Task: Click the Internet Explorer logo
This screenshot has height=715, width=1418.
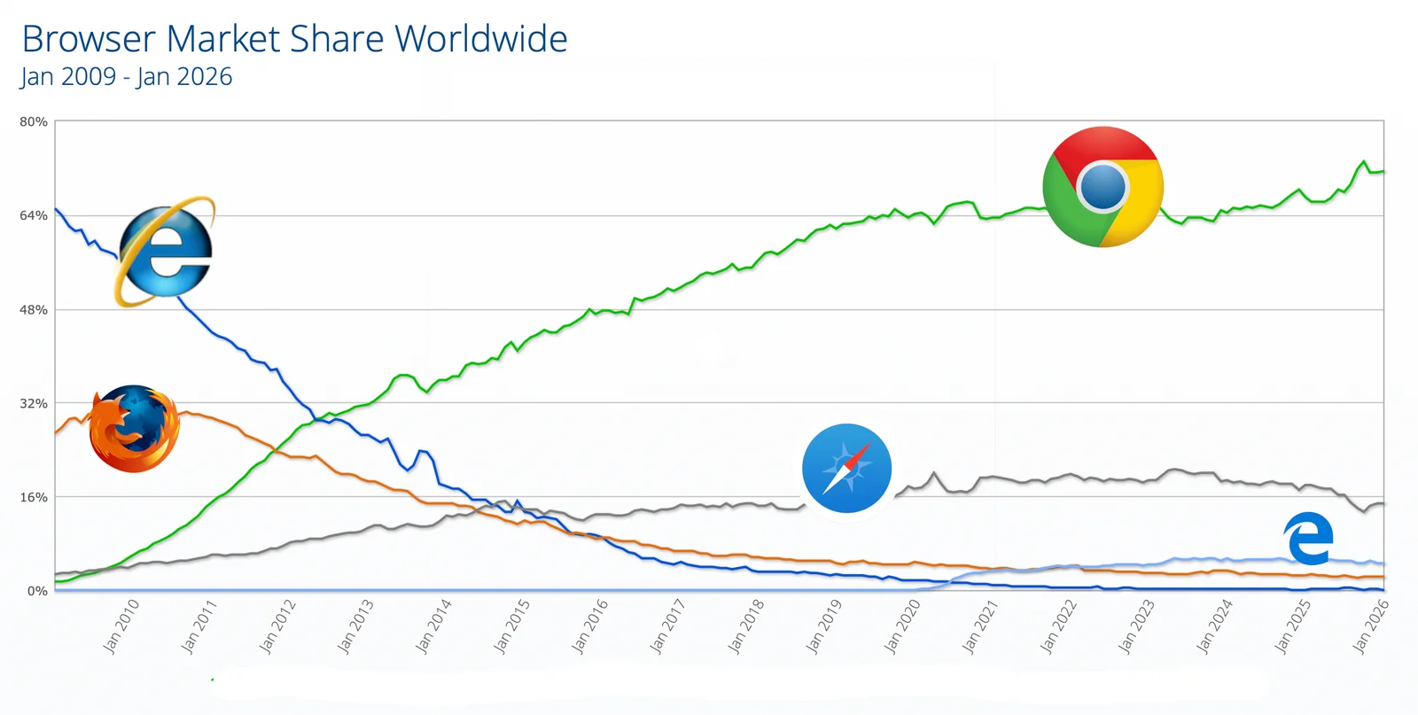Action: [165, 252]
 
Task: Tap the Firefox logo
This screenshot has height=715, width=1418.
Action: [134, 429]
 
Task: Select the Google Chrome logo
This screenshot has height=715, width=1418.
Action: [1102, 187]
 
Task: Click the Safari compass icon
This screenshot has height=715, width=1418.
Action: [846, 469]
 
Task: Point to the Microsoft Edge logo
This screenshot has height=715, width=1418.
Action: [1308, 538]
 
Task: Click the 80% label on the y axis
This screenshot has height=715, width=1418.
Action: [34, 121]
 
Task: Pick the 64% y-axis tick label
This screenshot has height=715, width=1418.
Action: [34, 215]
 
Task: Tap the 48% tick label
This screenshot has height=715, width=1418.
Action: [34, 309]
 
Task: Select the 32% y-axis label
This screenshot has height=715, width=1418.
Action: [34, 403]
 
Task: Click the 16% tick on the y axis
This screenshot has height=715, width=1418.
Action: [34, 497]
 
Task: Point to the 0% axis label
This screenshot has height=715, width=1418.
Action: [37, 591]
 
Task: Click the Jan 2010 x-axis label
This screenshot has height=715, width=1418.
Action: [121, 626]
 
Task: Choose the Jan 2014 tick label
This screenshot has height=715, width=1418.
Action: [433, 626]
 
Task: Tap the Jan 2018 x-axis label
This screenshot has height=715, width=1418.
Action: [746, 626]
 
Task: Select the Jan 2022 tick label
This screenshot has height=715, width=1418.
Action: [1058, 626]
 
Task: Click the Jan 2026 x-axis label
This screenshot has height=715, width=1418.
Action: [1370, 626]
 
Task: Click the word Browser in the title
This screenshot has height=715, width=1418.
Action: [89, 39]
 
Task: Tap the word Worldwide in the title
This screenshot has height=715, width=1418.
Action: [481, 39]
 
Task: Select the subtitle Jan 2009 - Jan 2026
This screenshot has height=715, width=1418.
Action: [126, 77]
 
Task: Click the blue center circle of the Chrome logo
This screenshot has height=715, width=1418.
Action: [1103, 188]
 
